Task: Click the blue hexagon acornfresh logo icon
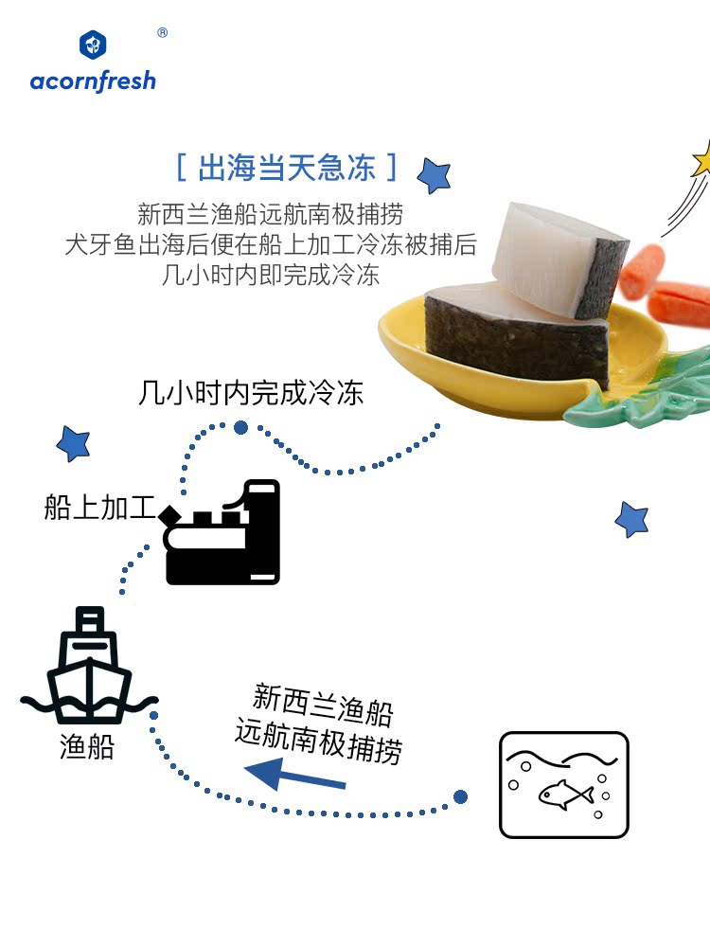(93, 45)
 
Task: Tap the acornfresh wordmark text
(93, 80)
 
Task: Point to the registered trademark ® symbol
(162, 32)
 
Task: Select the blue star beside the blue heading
(435, 175)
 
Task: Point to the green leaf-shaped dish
(625, 398)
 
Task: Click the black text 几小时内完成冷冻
(251, 393)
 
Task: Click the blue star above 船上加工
(73, 441)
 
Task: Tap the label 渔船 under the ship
(87, 747)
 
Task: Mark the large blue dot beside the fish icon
(460, 797)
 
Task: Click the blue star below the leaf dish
(631, 519)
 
